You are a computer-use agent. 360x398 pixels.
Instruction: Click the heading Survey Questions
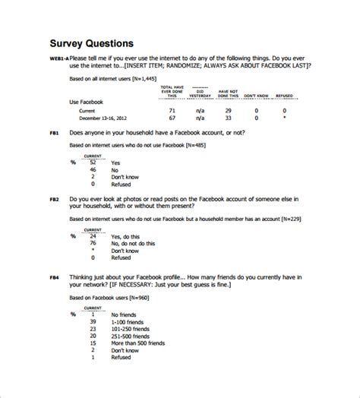[x=92, y=43]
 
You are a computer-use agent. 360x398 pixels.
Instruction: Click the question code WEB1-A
[x=58, y=58]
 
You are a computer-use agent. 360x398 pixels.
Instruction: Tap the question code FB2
[x=55, y=199]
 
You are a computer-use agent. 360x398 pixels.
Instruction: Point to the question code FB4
[x=55, y=277]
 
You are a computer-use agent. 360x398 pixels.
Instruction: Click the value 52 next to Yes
[x=93, y=163]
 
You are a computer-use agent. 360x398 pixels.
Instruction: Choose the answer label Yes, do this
[x=125, y=235]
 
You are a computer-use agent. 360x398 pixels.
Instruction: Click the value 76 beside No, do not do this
[x=93, y=243]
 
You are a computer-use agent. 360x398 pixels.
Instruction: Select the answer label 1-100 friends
[x=127, y=321]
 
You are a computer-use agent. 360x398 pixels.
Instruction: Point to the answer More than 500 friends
[x=137, y=343]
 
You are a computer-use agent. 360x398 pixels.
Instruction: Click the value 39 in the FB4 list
[x=93, y=321]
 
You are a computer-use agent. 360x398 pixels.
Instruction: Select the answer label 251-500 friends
[x=129, y=336]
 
